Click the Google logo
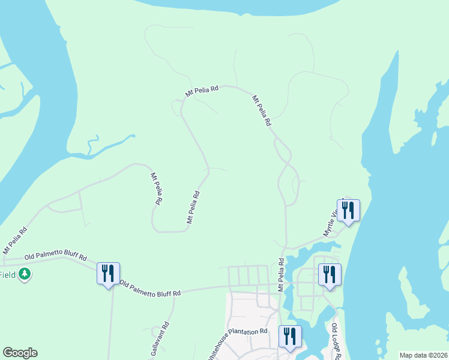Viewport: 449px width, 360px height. (20, 353)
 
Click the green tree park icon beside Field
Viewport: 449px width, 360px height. (25, 274)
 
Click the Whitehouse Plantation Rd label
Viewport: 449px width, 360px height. (237, 343)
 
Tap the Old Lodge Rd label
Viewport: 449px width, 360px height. (337, 340)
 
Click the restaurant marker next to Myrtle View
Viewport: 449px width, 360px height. (348, 211)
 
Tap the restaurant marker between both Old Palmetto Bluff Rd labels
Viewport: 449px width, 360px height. (108, 274)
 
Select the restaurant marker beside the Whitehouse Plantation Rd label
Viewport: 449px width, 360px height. (291, 337)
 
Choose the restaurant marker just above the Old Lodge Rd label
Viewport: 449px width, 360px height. (330, 275)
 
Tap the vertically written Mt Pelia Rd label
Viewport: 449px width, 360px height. (280, 275)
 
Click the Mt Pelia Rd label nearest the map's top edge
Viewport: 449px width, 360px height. (202, 90)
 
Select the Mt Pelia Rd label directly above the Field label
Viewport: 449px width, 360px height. (14, 239)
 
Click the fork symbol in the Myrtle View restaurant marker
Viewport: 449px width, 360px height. (345, 209)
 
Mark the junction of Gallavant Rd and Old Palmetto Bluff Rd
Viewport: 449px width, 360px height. (175, 293)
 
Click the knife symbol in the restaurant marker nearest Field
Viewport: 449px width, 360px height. (112, 273)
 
